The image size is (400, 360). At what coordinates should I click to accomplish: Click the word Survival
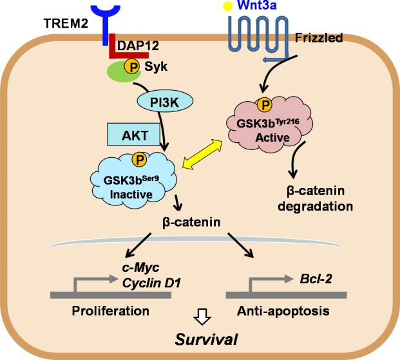199,339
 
